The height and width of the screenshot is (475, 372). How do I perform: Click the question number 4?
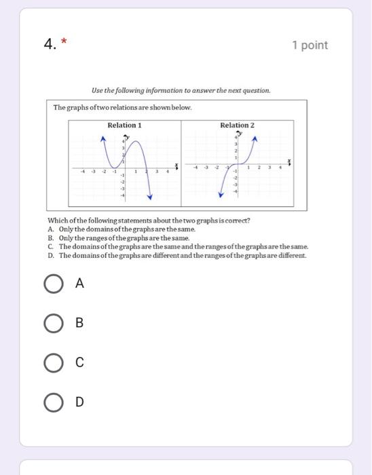click(49, 45)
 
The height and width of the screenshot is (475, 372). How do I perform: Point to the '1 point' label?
click(310, 45)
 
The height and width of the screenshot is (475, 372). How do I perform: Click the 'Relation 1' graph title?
click(124, 126)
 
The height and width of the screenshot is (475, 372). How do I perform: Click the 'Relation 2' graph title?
click(237, 126)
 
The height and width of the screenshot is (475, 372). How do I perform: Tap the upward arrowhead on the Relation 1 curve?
click(103, 138)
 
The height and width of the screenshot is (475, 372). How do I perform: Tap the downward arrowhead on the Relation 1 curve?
click(150, 197)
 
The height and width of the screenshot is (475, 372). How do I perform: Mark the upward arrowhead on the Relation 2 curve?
click(255, 138)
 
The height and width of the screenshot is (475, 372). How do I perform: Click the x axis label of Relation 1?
click(176, 165)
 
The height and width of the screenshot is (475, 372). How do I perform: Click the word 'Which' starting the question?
click(57, 221)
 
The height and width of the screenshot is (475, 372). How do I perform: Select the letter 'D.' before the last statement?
click(51, 256)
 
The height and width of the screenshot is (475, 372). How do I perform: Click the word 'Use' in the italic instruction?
click(97, 90)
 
